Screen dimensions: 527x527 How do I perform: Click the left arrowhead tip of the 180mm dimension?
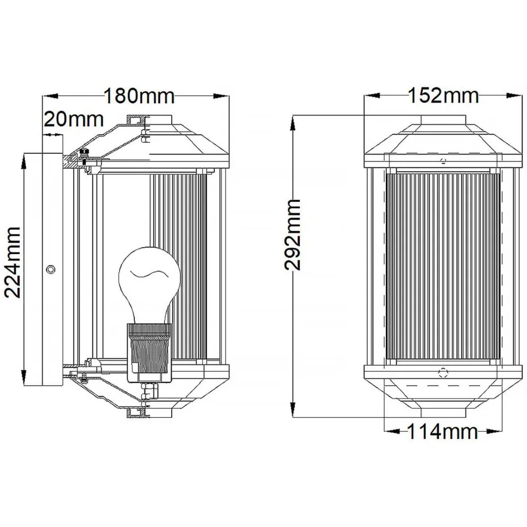click(x=42, y=96)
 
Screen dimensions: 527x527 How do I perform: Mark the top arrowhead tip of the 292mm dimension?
click(x=293, y=115)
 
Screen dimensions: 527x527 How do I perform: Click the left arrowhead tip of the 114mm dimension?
click(x=384, y=431)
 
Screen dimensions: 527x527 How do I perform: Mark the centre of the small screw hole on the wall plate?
click(x=51, y=269)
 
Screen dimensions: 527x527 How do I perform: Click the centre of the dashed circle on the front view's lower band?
click(x=443, y=373)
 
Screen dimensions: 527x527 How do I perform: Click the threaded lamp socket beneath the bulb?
click(x=149, y=353)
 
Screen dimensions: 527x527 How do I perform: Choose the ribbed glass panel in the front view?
click(x=443, y=267)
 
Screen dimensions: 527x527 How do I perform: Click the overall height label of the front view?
click(x=292, y=235)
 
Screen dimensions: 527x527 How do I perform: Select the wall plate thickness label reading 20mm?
click(x=74, y=119)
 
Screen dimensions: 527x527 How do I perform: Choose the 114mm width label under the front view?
click(x=442, y=431)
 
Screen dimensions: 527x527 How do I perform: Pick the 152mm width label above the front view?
click(x=443, y=95)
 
